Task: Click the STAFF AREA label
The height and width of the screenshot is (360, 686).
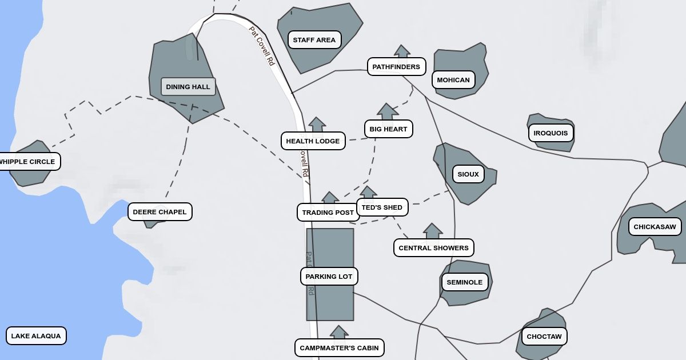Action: [314, 40]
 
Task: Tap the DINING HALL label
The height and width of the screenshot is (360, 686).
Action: [188, 87]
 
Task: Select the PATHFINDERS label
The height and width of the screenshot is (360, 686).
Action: [396, 67]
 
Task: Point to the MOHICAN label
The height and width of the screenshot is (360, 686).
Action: [453, 80]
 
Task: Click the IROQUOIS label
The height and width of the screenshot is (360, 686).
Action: [551, 133]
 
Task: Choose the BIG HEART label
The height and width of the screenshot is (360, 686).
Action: [388, 129]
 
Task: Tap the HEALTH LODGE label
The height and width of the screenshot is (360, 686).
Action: [313, 141]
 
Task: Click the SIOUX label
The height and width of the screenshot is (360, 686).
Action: [468, 174]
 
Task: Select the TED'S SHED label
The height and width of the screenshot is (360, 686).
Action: [382, 207]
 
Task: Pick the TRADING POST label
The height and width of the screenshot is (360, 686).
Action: [328, 213]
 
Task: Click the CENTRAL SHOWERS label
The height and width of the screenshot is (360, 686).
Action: [433, 248]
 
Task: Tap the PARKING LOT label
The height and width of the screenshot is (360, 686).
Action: [329, 277]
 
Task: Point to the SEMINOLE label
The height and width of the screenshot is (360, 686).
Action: [464, 282]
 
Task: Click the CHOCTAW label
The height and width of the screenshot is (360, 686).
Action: [544, 337]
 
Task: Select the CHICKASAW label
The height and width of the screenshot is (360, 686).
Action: [655, 227]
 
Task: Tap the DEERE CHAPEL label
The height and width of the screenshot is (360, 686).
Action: [159, 212]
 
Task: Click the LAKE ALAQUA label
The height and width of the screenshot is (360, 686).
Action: [36, 336]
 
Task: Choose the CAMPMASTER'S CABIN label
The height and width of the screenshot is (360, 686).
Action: [339, 348]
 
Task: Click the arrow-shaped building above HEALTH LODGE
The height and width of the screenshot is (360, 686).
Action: [317, 125]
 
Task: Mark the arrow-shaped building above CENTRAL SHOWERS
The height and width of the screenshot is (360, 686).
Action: [433, 231]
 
